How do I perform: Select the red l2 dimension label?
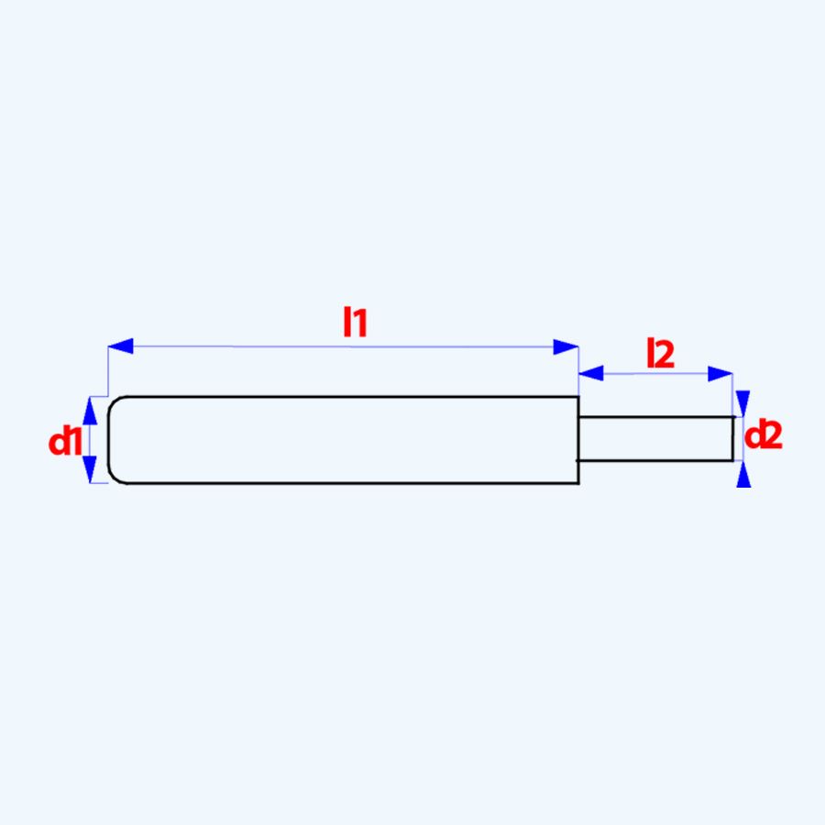[660, 354]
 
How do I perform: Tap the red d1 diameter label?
[66, 442]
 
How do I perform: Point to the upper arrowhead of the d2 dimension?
[743, 403]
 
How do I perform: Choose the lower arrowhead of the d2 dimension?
[743, 474]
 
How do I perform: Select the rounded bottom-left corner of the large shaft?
[113, 478]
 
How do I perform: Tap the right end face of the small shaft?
[732, 438]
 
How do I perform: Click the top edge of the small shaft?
[655, 417]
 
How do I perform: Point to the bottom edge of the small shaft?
[655, 460]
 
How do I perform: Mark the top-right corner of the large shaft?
[578, 397]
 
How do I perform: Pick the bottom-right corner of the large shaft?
[578, 482]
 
